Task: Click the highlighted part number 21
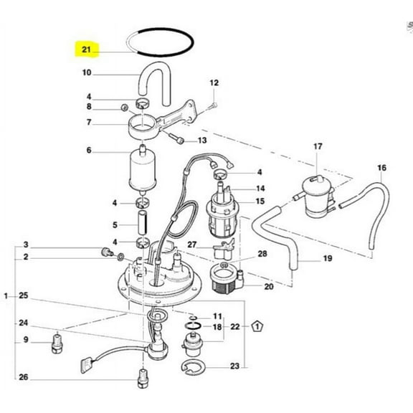(87, 50)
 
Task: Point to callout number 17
(318, 147)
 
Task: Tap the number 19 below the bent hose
(328, 257)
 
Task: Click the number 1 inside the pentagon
(255, 326)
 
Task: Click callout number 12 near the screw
(213, 83)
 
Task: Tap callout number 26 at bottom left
(24, 377)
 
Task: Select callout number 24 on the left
(24, 322)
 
